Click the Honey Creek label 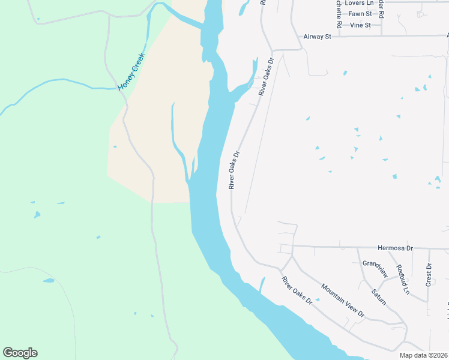click(131, 72)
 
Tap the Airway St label click(318, 37)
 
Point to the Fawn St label click(360, 13)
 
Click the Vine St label click(360, 25)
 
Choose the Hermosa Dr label click(396, 248)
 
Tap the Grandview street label click(376, 268)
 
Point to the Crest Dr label click(429, 274)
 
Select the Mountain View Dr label click(343, 300)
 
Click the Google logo click(20, 353)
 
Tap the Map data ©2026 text click(424, 355)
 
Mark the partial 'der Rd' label click(381, 9)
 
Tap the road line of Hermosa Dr click(336, 246)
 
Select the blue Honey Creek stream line click(72, 87)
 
